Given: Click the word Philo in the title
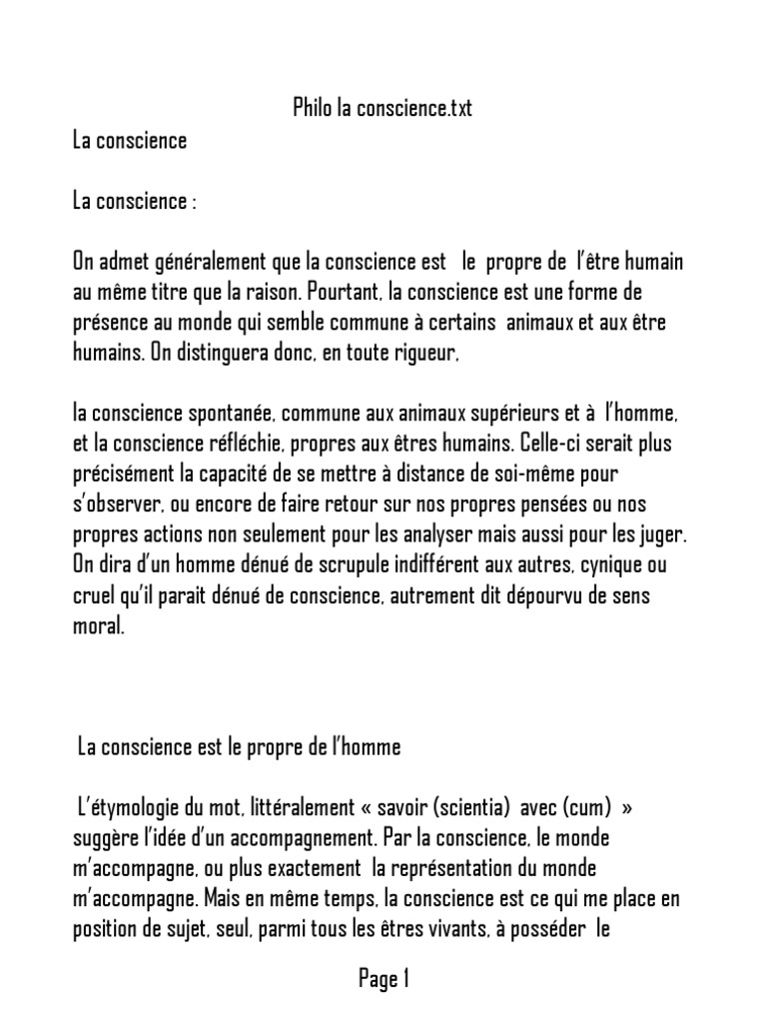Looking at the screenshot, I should pyautogui.click(x=313, y=109).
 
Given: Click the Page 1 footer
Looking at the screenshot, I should pyautogui.click(x=383, y=980).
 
